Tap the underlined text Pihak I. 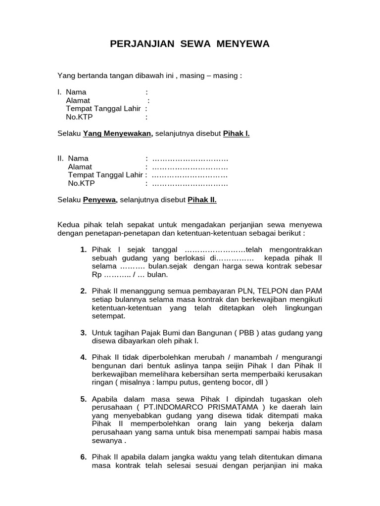236,133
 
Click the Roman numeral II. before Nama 61,158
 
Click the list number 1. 84,249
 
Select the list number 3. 84,333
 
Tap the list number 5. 84,399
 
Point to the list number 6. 84,457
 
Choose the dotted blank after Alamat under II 190,167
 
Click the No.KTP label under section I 79,117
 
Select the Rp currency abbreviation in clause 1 96,274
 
